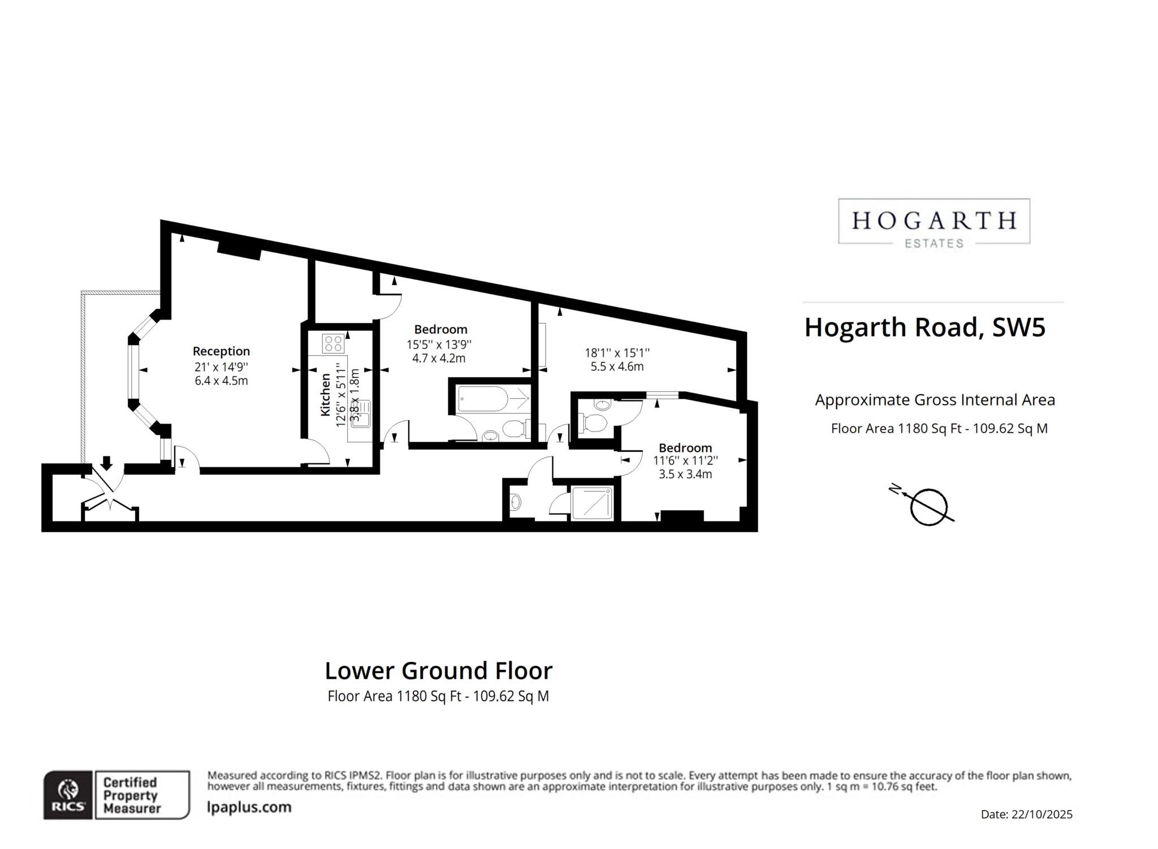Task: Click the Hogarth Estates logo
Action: click(x=934, y=222)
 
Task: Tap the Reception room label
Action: click(x=221, y=351)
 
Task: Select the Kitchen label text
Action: click(x=325, y=395)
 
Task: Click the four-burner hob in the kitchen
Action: click(x=333, y=343)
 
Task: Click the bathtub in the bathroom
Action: click(x=494, y=399)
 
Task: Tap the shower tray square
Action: click(x=593, y=503)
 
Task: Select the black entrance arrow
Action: click(x=106, y=462)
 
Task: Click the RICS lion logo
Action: click(x=68, y=795)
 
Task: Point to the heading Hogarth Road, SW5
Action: click(x=925, y=327)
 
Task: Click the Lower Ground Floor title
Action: click(x=438, y=671)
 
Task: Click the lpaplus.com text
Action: click(x=249, y=807)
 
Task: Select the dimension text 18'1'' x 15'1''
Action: click(x=617, y=352)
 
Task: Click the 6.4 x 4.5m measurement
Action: click(x=221, y=381)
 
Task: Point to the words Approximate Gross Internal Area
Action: click(x=935, y=400)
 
